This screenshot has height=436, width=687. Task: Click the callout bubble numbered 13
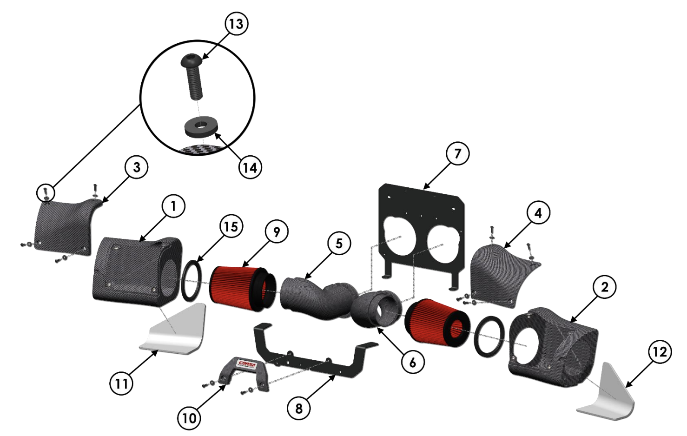click(x=236, y=24)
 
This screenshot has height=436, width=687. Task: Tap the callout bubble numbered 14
click(x=250, y=167)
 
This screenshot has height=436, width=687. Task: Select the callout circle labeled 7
click(x=457, y=153)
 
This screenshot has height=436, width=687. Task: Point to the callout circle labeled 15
click(x=231, y=226)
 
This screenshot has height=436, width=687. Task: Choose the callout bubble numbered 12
click(x=660, y=352)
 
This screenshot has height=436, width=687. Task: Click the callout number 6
click(x=412, y=363)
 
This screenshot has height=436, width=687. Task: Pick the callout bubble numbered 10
click(x=189, y=418)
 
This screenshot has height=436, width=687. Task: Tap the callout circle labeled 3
click(x=137, y=167)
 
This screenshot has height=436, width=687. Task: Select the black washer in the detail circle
click(x=200, y=129)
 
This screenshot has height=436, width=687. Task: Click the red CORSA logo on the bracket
click(x=246, y=364)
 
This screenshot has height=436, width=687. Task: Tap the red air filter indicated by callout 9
click(x=242, y=289)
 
